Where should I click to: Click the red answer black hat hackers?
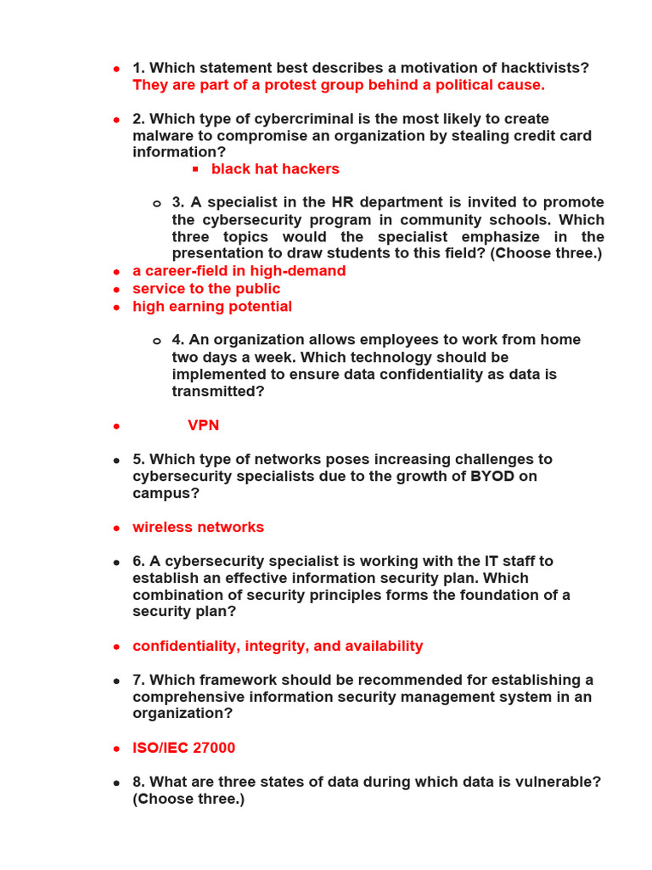click(275, 169)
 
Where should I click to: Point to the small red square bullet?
click(195, 169)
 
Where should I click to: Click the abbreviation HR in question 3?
click(342, 202)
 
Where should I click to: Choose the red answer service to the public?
click(206, 289)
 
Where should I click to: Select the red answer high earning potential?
click(212, 307)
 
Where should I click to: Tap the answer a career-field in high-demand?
click(239, 271)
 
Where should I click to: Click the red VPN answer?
click(204, 426)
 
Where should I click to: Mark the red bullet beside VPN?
click(116, 427)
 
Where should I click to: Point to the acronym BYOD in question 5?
click(492, 477)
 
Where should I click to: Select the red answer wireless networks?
click(198, 528)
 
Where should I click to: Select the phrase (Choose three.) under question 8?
click(188, 799)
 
